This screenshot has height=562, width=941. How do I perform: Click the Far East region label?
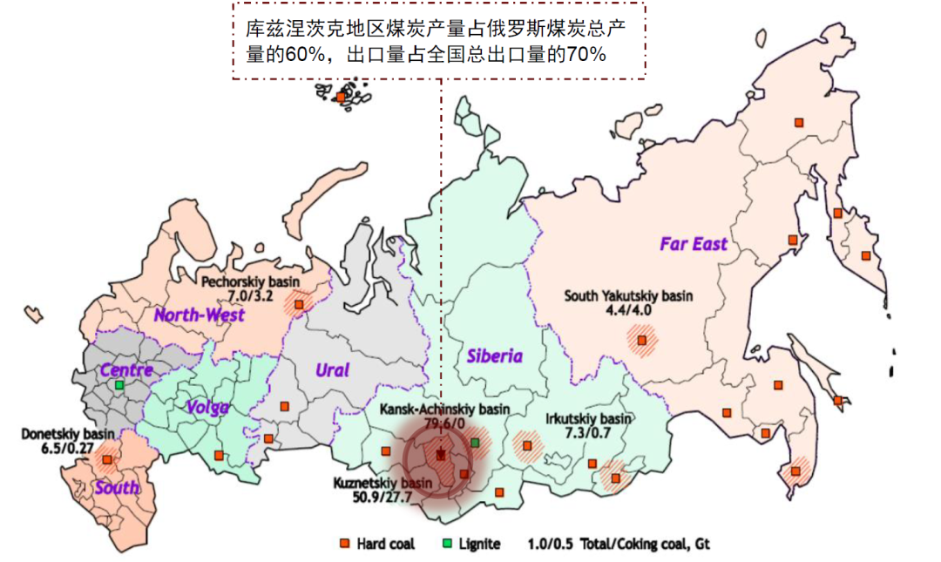[x=693, y=243]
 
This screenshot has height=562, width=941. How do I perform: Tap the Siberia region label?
[x=494, y=355]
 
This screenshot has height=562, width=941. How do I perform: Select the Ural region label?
[x=331, y=370]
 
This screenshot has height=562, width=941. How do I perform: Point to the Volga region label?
[x=207, y=407]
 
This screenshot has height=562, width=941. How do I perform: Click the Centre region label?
[x=126, y=369]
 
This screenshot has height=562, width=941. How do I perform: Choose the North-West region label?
[x=200, y=315]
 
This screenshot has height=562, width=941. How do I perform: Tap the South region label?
[x=117, y=488]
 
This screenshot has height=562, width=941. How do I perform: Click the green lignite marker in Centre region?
[x=119, y=384]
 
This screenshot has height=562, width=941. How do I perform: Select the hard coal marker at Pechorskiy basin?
[x=299, y=304]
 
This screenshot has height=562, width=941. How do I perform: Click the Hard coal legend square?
[x=345, y=545]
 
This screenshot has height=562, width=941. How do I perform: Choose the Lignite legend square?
[x=447, y=545]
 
